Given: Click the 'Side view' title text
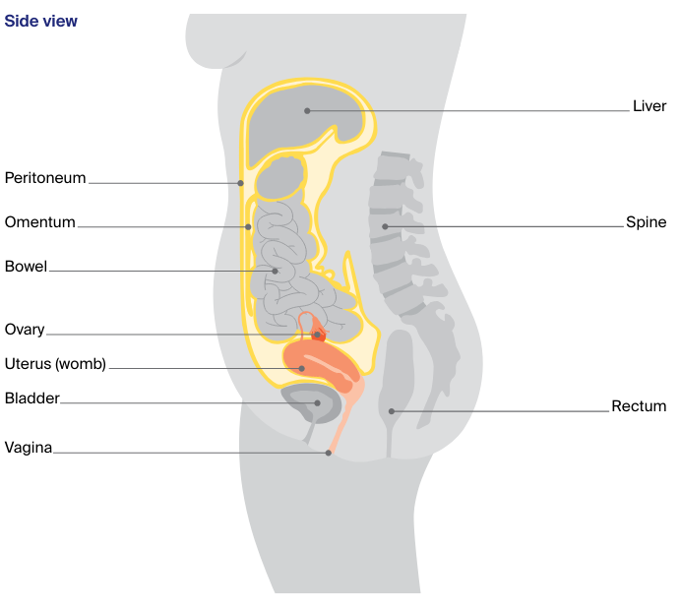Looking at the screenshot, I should coord(41,21).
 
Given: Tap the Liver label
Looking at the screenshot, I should coord(649,106).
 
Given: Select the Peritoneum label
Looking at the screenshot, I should coord(45,178).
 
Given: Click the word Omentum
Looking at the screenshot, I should coord(40,222).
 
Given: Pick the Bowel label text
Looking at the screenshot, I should coord(27,266).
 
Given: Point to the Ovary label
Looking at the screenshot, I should coord(25,330).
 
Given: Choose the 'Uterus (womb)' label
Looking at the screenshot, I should coord(55,364).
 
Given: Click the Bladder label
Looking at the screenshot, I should coord(32,398).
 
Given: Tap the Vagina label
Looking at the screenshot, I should coord(29,448).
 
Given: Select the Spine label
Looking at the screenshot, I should coord(647,222).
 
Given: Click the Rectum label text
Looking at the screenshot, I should coord(639,405).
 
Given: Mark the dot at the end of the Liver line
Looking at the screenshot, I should coord(307,111).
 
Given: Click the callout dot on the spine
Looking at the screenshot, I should coord(385,227).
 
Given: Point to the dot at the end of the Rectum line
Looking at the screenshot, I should coord(392,411).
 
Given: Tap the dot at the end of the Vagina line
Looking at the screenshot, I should coord(329,454).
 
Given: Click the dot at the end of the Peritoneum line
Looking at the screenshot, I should coord(240,183).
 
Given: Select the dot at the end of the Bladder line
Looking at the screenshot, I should coord(317,402).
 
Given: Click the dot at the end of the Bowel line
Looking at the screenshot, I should coord(276,271).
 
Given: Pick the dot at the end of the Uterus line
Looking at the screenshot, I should coord(303,368).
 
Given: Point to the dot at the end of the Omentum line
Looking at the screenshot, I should coord(248,227).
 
